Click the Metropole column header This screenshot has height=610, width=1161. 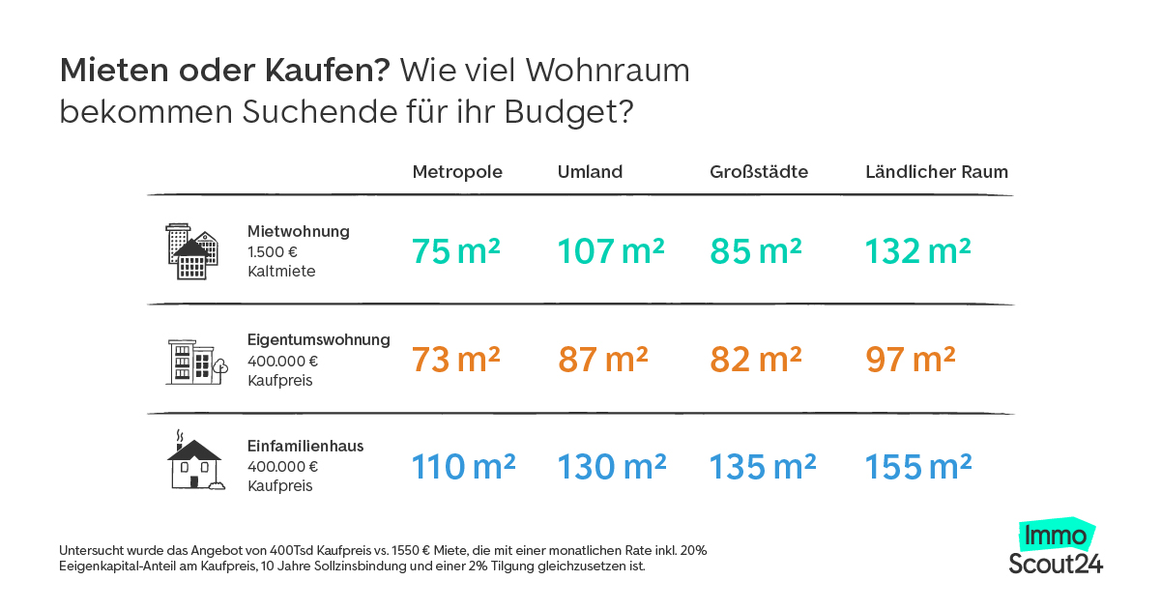pos(457,172)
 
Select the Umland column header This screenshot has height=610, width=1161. pos(590,172)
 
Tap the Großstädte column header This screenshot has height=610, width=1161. pos(759,172)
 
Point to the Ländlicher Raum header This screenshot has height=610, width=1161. pos(936,172)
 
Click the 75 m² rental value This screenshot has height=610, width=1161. pos(455,251)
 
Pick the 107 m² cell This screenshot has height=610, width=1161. pos(611,251)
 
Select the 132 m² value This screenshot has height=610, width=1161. pos(917,251)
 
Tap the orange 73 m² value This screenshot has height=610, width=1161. pos(455,360)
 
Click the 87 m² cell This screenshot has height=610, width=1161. pos(602,360)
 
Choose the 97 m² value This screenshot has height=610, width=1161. pos(910,360)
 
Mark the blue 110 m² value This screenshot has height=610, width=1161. pos(463,467)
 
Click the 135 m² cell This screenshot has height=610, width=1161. pos(763,467)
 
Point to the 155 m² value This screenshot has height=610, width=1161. pos(917,467)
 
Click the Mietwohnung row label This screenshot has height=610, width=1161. pos(298,232)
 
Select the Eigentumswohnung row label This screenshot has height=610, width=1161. pos(318,340)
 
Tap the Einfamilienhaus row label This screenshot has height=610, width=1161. pos(305,447)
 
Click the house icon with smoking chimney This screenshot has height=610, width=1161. pos(195,461)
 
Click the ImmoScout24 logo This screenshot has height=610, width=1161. pos(1055,548)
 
